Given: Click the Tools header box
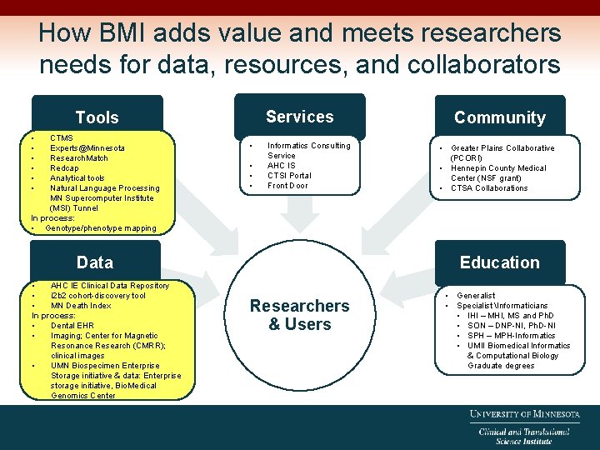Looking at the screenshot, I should pyautogui.click(x=97, y=117).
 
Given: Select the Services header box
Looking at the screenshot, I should pyautogui.click(x=299, y=117).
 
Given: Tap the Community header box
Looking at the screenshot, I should pyautogui.click(x=499, y=117).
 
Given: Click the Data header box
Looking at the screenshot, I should pyautogui.click(x=95, y=262).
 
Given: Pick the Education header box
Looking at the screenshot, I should pyautogui.click(x=499, y=262).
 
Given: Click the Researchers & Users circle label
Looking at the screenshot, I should pyautogui.click(x=299, y=315).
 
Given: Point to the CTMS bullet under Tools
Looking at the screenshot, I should pyautogui.click(x=62, y=137).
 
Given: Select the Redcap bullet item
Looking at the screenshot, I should pyautogui.click(x=64, y=167).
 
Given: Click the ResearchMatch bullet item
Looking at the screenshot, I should pyautogui.click(x=79, y=157).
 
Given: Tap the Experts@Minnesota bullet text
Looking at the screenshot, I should pyautogui.click(x=87, y=147).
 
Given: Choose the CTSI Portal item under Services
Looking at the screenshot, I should pyautogui.click(x=289, y=175).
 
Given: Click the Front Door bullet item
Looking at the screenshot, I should pyautogui.click(x=287, y=185).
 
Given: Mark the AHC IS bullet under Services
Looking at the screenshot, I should pyautogui.click(x=282, y=165).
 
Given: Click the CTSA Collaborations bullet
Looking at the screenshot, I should pyautogui.click(x=489, y=187).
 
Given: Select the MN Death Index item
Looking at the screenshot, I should pyautogui.click(x=81, y=305).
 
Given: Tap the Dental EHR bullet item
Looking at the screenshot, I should pyautogui.click(x=72, y=325).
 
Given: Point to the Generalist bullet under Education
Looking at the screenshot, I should pyautogui.click(x=476, y=295).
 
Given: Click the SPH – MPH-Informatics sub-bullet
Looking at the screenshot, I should pyautogui.click(x=511, y=335).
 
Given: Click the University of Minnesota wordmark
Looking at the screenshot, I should pyautogui.click(x=524, y=414).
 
